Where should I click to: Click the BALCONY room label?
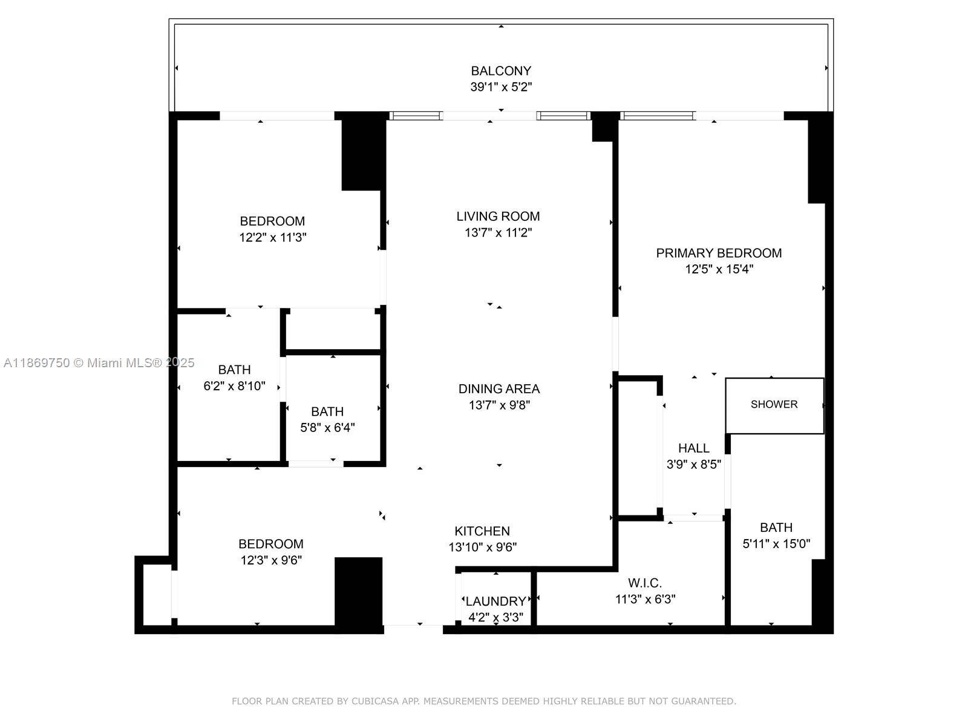(501, 71)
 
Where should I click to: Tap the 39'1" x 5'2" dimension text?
(501, 87)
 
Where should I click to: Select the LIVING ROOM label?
(498, 216)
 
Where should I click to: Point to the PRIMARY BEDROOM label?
(719, 253)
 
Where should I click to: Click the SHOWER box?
(774, 405)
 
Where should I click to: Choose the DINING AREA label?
(499, 389)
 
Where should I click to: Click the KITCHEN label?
(482, 531)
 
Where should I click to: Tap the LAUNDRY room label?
(495, 601)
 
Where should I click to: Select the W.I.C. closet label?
(645, 583)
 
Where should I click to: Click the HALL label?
(693, 448)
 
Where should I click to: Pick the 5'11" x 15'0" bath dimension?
(776, 544)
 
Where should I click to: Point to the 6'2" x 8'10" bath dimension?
(234, 386)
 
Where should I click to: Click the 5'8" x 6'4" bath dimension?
(327, 428)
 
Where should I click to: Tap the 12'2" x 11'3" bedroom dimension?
(272, 238)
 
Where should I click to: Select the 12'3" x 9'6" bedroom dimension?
(271, 560)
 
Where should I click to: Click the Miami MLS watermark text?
(99, 363)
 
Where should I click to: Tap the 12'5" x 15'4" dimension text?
(719, 269)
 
